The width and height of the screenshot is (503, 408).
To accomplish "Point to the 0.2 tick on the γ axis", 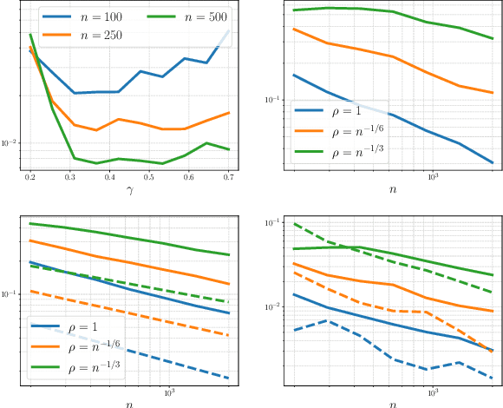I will (x=30, y=176).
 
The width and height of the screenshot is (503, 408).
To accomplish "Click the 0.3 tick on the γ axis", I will (x=70, y=176).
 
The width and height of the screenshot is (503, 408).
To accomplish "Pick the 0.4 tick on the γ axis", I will (x=110, y=176).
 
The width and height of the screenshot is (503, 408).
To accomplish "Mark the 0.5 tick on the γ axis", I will (x=150, y=176).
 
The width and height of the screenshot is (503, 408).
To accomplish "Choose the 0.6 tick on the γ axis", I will (x=190, y=176).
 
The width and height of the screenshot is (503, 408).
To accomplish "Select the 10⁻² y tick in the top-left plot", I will (x=11, y=142).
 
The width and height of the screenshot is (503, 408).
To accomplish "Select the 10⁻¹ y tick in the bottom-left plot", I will (x=11, y=293).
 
